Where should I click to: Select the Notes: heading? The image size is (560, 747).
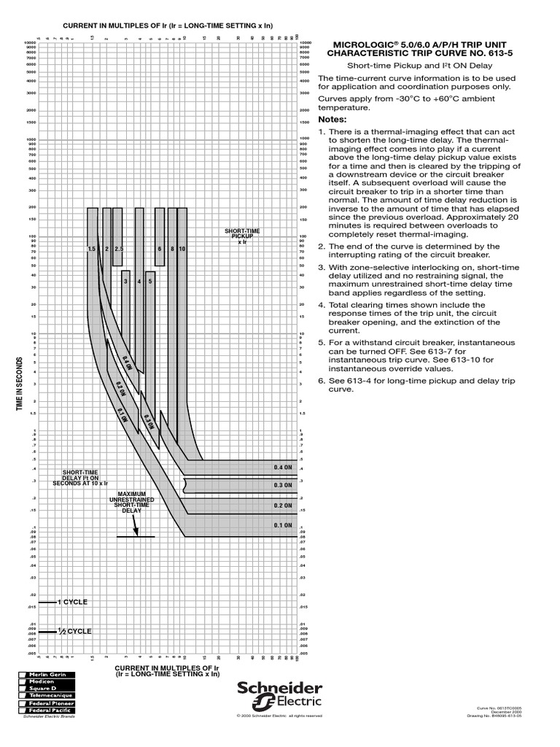(332, 120)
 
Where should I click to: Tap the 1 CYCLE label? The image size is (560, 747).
(72, 602)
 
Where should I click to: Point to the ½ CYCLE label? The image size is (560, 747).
(74, 631)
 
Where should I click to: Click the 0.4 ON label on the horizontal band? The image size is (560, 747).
(282, 467)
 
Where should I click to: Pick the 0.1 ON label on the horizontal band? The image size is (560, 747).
(282, 525)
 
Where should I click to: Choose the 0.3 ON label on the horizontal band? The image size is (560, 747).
(282, 485)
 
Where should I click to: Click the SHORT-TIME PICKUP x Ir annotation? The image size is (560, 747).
(242, 236)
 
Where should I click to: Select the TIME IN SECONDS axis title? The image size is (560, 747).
(21, 384)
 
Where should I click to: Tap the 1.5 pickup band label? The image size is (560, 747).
(92, 249)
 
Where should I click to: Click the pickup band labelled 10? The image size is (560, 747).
(182, 249)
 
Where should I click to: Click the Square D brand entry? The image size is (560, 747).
(43, 688)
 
